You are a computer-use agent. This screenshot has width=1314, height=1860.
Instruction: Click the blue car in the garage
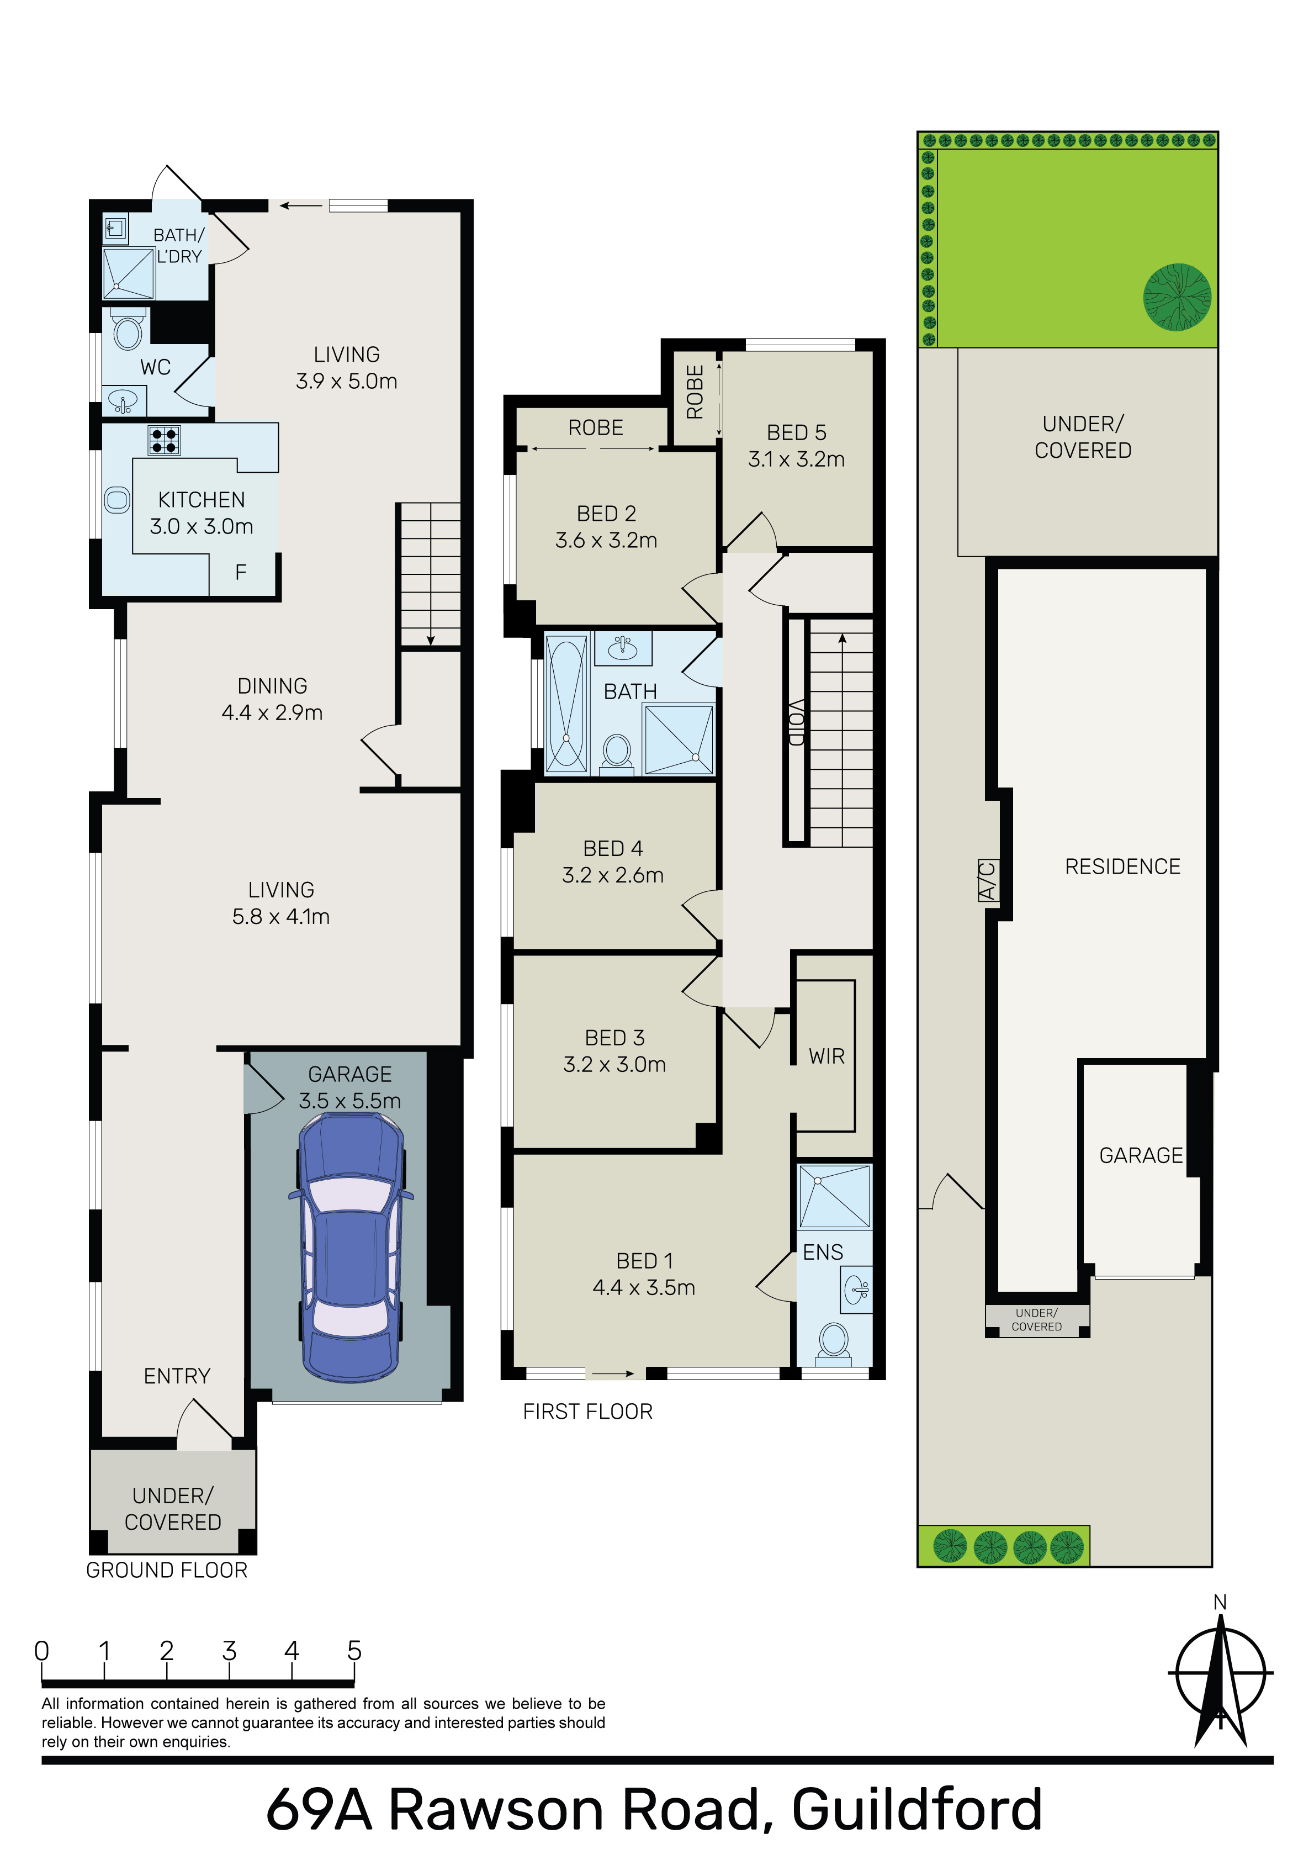(351, 1247)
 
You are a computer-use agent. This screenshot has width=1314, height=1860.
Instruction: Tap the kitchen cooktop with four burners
(163, 441)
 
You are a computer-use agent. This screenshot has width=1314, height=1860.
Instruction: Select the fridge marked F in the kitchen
(241, 573)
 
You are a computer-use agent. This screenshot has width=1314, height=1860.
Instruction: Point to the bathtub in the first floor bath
(567, 703)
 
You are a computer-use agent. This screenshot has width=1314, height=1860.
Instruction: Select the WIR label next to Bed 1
(826, 1056)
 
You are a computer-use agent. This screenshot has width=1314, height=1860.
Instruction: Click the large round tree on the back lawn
(1177, 297)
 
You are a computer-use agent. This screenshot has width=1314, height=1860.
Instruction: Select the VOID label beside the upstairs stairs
(796, 722)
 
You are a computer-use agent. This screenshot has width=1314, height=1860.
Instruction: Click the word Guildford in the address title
(916, 1810)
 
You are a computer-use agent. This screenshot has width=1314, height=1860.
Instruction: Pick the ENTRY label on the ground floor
(177, 1376)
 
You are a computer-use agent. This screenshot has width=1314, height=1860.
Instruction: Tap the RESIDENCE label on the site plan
(1123, 867)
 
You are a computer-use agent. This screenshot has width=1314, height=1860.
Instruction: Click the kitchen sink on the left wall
(118, 500)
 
